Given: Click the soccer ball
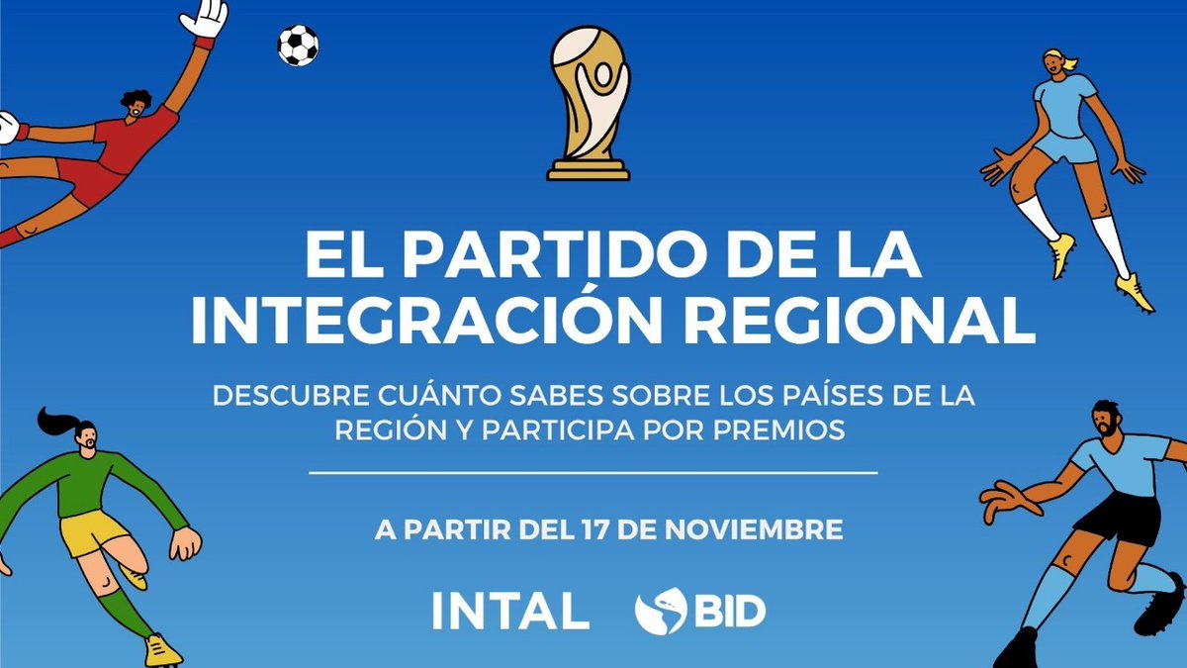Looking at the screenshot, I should [x=298, y=46].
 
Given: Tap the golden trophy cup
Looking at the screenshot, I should [x=590, y=104].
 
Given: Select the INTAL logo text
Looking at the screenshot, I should [x=510, y=611].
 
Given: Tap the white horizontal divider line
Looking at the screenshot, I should [x=593, y=473].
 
